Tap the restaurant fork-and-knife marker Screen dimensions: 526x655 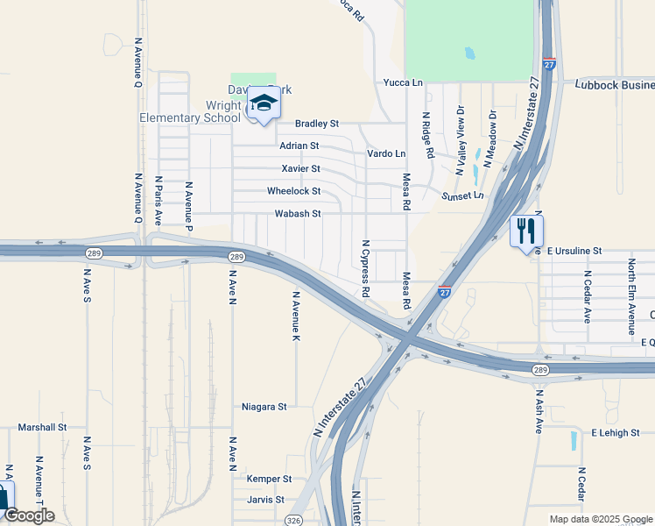tap(526, 232)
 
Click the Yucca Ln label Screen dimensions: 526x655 tap(403, 82)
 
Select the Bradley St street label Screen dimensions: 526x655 tap(317, 124)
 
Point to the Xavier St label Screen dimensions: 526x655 tap(300, 168)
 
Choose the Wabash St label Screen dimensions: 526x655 tap(299, 213)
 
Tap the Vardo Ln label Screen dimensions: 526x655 tap(386, 153)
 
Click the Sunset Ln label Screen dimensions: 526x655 tap(463, 195)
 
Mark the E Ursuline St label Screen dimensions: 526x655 tap(574, 251)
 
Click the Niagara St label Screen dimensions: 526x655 tap(264, 407)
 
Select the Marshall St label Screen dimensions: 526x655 tap(43, 427)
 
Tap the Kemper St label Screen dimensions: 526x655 tap(269, 479)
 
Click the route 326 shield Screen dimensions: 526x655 tap(294, 520)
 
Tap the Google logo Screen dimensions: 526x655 tap(29, 515)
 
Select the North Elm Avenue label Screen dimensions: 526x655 tap(630, 296)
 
